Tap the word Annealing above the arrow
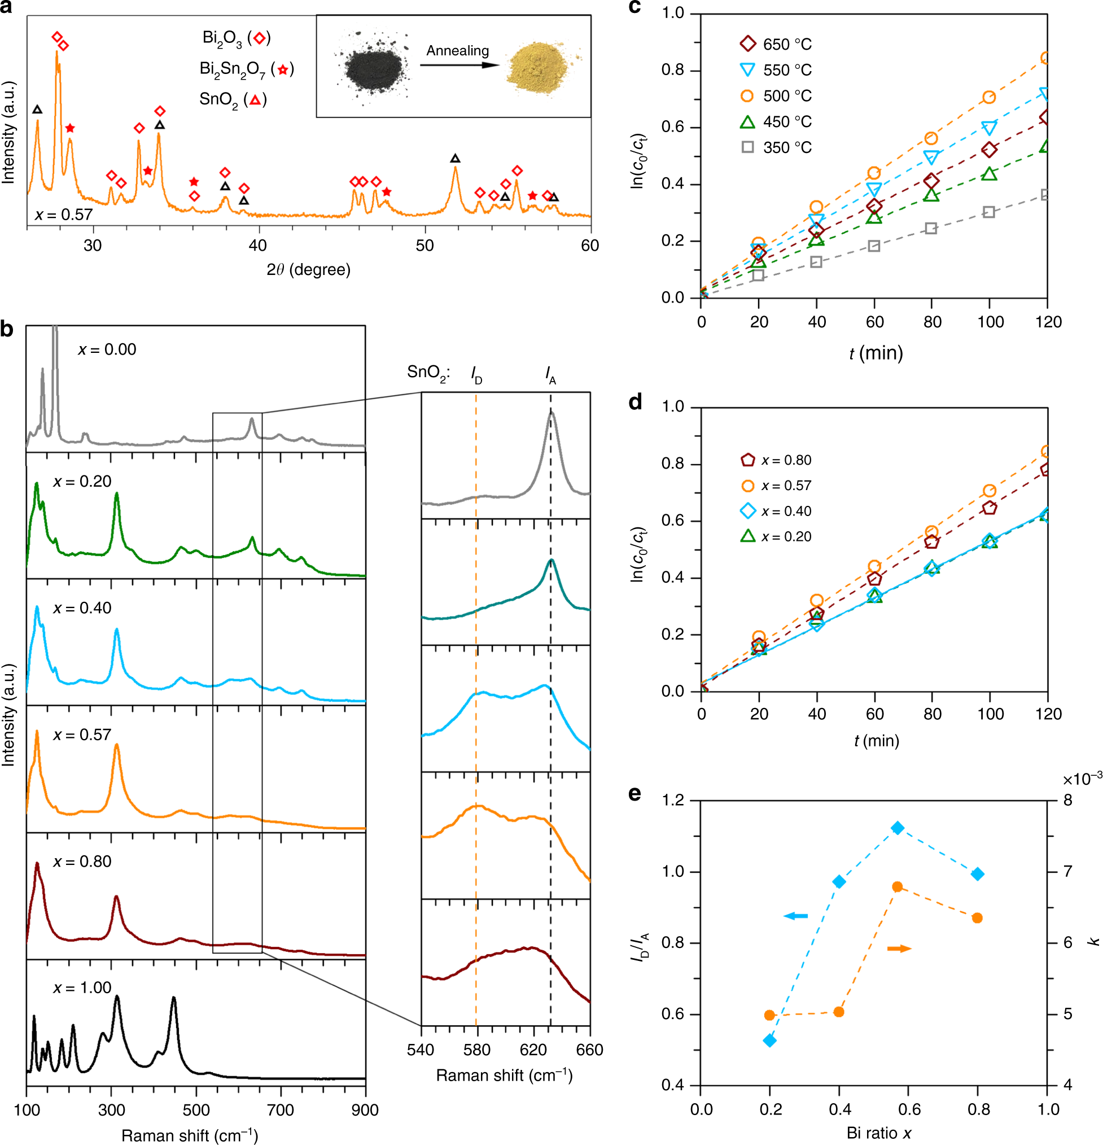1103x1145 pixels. click(x=457, y=51)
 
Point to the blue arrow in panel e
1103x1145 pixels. click(x=795, y=915)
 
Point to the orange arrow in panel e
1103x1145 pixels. click(x=899, y=948)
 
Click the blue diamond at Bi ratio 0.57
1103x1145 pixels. click(x=898, y=828)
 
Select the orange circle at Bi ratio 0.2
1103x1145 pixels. click(x=770, y=1015)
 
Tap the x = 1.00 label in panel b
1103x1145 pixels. click(x=82, y=987)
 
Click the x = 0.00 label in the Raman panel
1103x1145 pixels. click(x=107, y=349)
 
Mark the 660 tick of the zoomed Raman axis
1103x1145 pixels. click(x=589, y=1050)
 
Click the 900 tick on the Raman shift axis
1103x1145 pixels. click(x=365, y=1110)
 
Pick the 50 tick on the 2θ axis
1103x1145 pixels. click(x=424, y=246)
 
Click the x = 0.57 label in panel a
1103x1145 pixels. click(x=64, y=215)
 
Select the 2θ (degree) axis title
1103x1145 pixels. click(x=308, y=269)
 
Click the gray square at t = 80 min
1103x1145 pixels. click(x=931, y=229)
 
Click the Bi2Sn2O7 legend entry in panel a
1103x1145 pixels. click(x=247, y=69)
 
